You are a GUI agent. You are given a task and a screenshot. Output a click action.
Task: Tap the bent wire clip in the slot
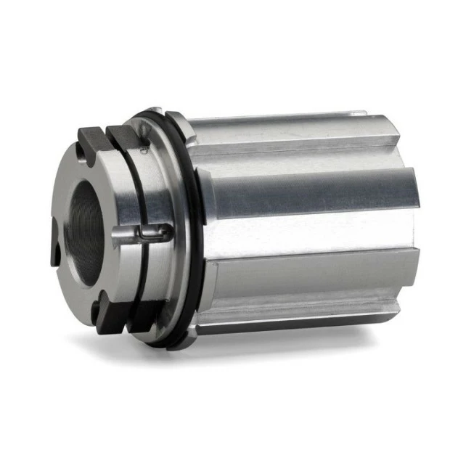pos(155,234)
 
